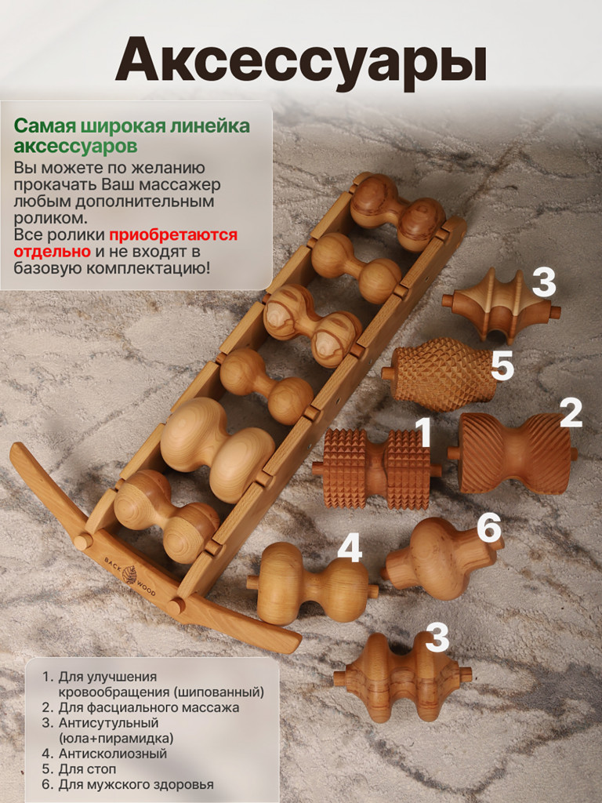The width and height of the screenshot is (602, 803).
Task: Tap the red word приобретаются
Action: pos(173,234)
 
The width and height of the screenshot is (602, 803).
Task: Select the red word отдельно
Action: pos(53,252)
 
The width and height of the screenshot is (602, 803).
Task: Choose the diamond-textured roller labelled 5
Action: pos(439,374)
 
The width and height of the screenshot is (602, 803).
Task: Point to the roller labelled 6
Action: pos(441,558)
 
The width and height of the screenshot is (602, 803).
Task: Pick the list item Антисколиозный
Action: pos(113,754)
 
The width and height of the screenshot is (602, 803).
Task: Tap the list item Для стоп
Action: pos(87,768)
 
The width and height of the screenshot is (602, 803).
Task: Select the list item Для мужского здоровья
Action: pos(136,784)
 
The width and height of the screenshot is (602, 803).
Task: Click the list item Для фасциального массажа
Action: pos(148,708)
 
